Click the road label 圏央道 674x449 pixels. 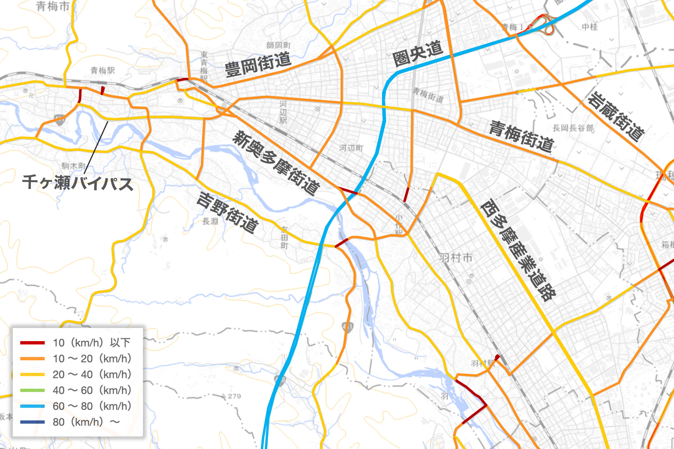tap(418, 54)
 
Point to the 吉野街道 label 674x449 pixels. tap(227, 213)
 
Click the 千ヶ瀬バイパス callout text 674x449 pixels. tap(78, 182)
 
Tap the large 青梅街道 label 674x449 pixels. tap(521, 136)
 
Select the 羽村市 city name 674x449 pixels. tap(456, 258)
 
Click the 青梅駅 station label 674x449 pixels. tap(102, 70)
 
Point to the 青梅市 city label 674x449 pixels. tap(53, 6)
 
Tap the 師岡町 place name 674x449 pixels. tap(278, 45)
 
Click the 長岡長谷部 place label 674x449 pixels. tap(573, 128)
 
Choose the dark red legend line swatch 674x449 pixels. tap(32, 343)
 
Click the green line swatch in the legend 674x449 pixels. tap(32, 390)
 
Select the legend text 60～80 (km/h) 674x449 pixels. tap(92, 406)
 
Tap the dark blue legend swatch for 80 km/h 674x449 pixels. tap(32, 422)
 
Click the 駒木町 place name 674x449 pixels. tap(74, 166)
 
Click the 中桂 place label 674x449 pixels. tap(589, 27)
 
